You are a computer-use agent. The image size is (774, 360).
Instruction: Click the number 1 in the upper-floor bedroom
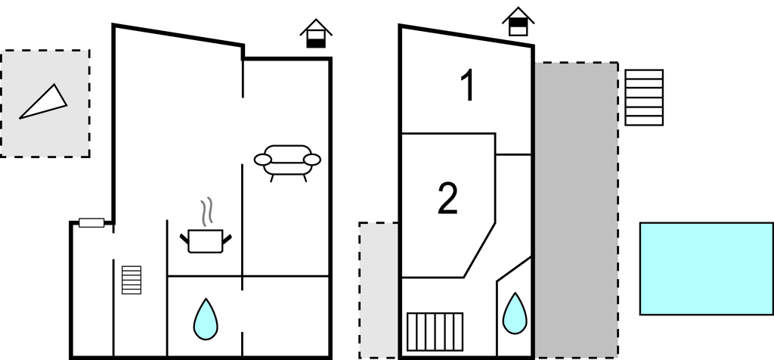coord(467,85)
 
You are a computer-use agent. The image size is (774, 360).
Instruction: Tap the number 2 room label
coord(447,198)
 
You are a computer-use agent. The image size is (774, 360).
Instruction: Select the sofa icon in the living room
coord(287,163)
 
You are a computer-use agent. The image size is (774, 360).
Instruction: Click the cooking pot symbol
coord(206,241)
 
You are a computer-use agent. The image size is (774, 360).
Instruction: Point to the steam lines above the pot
coord(207,211)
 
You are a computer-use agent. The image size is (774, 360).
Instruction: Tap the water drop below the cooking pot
coord(206,319)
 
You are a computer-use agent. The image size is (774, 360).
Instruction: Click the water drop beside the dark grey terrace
coord(515,314)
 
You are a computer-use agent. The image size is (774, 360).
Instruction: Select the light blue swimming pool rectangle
coord(707,268)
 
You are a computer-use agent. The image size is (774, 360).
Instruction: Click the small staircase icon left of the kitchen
coord(132,280)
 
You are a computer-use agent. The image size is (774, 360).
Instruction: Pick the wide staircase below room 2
coord(435,332)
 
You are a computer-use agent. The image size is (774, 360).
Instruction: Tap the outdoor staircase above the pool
coord(644,98)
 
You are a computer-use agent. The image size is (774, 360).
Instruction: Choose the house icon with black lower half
coord(316,33)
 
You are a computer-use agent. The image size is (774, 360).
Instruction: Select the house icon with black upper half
coord(519,22)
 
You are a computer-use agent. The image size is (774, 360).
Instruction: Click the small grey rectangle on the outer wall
coord(91,222)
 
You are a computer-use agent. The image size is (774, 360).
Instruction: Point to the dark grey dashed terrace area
coord(576,210)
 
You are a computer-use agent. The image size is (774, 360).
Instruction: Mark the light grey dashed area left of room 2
coord(379,290)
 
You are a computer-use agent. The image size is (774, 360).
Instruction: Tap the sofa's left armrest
coord(262,160)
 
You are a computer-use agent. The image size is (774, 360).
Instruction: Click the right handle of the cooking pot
coord(227,240)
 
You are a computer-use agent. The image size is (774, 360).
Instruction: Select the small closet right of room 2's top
coord(513,144)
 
